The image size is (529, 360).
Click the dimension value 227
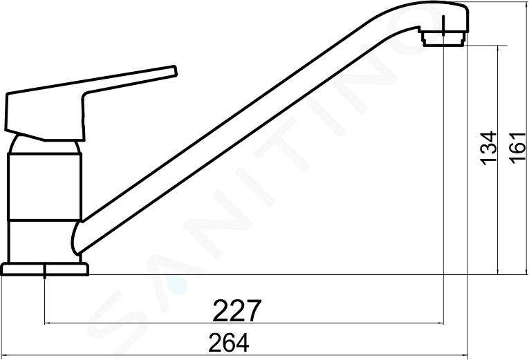coord(236,310)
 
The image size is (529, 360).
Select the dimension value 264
coord(229,343)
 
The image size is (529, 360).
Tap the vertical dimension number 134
coord(488,148)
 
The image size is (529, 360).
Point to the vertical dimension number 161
coord(517,149)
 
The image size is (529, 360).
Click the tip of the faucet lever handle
coord(175,71)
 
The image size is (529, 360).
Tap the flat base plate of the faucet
coord(45,269)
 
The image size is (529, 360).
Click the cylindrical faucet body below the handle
coord(44,187)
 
